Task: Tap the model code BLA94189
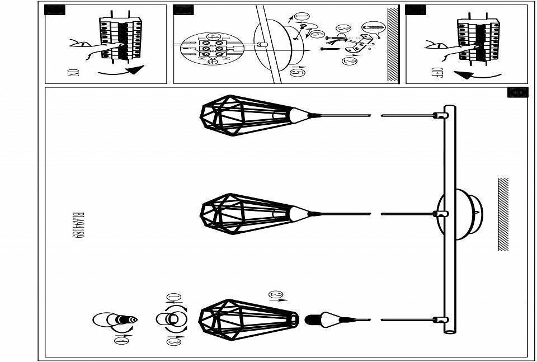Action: point(78,225)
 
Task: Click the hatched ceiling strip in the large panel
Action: point(503,214)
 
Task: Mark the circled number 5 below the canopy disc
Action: point(298,71)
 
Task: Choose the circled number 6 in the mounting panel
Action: point(316,35)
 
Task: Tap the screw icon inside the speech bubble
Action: point(373,26)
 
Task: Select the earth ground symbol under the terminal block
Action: point(211,62)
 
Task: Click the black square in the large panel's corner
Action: point(517,92)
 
